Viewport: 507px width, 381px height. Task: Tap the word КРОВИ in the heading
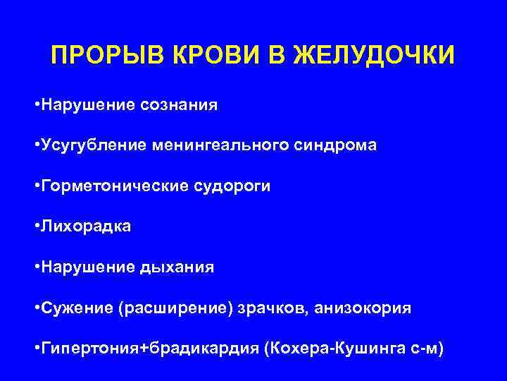(184, 56)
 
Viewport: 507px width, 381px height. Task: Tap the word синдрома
(342, 145)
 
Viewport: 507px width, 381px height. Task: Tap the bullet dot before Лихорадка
(36, 227)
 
